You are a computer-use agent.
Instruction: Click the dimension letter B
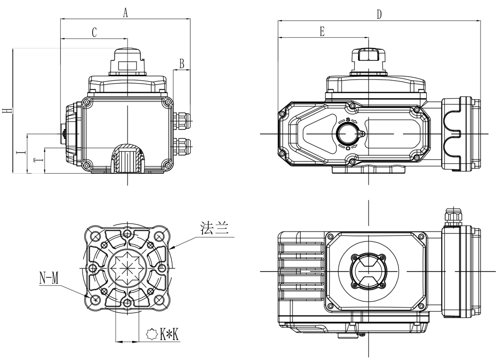182,64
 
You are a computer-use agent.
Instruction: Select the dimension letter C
94,32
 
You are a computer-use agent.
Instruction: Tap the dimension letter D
379,15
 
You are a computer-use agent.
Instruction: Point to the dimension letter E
322,32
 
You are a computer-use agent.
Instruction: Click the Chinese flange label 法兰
214,229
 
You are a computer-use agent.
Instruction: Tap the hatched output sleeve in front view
126,158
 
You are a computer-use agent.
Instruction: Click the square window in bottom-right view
368,271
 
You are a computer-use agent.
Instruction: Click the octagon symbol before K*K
152,334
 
